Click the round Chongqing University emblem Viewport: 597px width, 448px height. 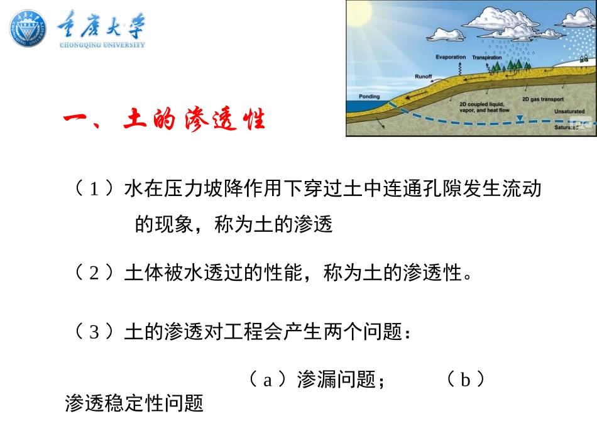pyautogui.click(x=28, y=28)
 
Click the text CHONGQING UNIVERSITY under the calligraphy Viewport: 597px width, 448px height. pyautogui.click(x=102, y=45)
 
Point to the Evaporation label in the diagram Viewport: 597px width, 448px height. pyautogui.click(x=451, y=57)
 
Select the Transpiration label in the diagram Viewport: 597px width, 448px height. pyautogui.click(x=487, y=57)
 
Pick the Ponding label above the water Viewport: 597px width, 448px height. pyautogui.click(x=370, y=97)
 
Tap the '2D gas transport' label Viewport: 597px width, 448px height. pyautogui.click(x=542, y=99)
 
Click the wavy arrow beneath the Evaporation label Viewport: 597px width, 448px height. pyautogui.click(x=451, y=67)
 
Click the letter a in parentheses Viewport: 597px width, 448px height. pyautogui.click(x=267, y=379)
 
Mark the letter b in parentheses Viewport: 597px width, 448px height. pyautogui.click(x=466, y=379)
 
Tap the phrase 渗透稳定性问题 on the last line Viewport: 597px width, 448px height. pyautogui.click(x=134, y=403)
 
